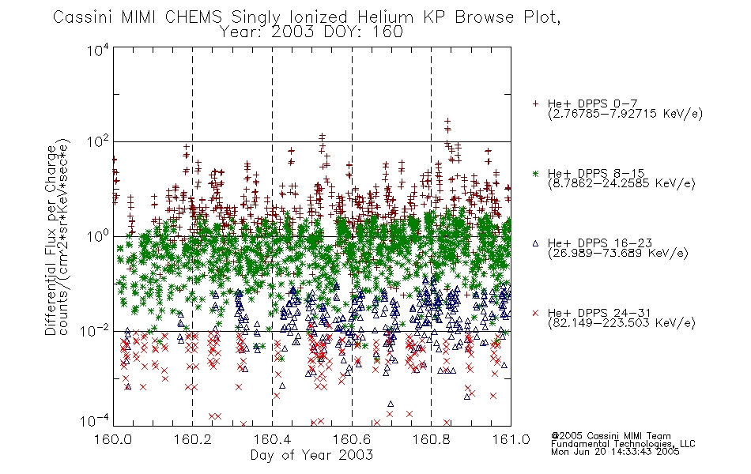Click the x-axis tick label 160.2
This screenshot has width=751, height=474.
click(x=193, y=439)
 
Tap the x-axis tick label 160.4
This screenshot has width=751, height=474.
click(x=272, y=439)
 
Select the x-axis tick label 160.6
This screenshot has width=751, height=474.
click(x=352, y=439)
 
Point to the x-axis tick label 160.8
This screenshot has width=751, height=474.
click(x=431, y=439)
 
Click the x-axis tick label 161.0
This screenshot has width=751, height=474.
click(x=511, y=439)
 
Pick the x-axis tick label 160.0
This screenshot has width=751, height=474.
click(x=113, y=439)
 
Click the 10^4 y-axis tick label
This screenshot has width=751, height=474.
click(x=98, y=50)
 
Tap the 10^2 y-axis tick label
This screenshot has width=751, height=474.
click(x=98, y=142)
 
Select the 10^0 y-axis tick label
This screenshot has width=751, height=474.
click(x=98, y=237)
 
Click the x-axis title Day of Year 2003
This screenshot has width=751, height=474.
click(x=311, y=455)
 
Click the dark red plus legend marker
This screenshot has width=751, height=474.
click(x=535, y=103)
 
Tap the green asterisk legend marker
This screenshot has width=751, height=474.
click(x=535, y=173)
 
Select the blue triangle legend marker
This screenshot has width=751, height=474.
click(x=535, y=243)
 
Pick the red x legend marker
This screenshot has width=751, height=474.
click(x=535, y=313)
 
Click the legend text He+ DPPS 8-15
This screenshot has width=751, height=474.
click(x=596, y=173)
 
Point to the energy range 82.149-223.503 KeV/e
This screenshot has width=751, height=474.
click(x=621, y=323)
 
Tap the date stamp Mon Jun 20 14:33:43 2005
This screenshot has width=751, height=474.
click(x=615, y=452)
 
